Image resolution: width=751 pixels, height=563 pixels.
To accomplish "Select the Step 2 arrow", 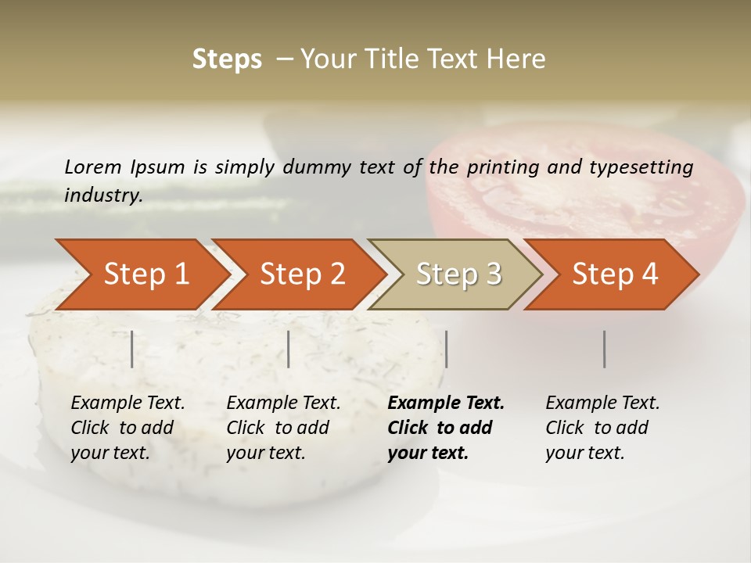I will pyautogui.click(x=301, y=274).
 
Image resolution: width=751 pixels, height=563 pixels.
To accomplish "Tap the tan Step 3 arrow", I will pyautogui.click(x=458, y=274).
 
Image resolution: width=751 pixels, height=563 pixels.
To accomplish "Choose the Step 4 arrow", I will pyautogui.click(x=614, y=274).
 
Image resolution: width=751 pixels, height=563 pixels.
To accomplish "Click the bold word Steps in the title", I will pyautogui.click(x=227, y=59).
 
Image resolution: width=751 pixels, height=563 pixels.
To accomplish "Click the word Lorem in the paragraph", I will pyautogui.click(x=93, y=167).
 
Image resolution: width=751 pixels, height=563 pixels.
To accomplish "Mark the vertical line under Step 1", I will pyautogui.click(x=131, y=349).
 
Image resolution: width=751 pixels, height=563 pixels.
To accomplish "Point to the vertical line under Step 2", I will pyautogui.click(x=289, y=349).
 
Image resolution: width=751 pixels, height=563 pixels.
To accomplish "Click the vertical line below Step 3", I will pyautogui.click(x=446, y=349).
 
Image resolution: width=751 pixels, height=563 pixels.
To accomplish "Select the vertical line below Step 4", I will pyautogui.click(x=604, y=349).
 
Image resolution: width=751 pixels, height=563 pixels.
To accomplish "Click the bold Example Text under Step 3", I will pyautogui.click(x=446, y=403).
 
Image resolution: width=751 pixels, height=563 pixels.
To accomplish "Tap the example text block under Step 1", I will pyautogui.click(x=127, y=428).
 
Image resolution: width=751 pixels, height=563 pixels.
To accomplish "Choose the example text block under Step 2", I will pyautogui.click(x=282, y=428).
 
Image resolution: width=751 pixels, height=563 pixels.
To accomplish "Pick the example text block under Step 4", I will pyautogui.click(x=602, y=428).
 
